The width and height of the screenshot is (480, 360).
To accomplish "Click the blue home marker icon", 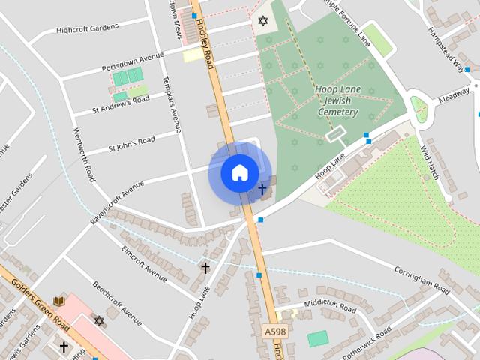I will pos(239,173).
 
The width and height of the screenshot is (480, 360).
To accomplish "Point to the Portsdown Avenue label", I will pos(133,63).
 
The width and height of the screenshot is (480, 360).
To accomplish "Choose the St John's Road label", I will pos(131,142).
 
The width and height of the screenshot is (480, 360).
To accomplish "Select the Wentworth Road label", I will pos(83,154).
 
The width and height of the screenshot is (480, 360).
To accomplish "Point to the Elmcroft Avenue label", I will pos(143,263).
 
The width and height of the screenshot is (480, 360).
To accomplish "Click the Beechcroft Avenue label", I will pos(117,304).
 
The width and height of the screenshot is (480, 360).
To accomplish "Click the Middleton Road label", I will pos(329,307).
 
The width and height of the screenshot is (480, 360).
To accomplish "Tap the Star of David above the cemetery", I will pos(262,20).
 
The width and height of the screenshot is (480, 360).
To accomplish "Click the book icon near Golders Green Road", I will pos(59,301).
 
